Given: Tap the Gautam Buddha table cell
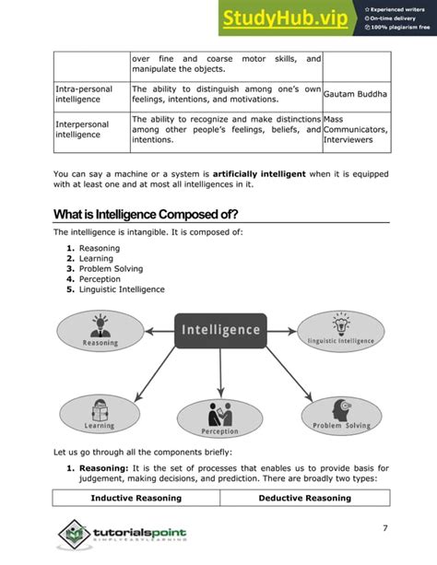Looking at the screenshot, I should pos(356,95).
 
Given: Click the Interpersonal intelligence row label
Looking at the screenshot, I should pos(82,129).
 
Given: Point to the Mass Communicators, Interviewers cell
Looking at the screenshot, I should pos(356,130).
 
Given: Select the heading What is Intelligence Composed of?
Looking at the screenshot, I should pos(146,215).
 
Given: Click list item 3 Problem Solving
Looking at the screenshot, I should pos(109,269).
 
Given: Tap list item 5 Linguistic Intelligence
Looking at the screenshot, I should pos(122,289).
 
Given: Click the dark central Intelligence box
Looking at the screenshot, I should pos(219,330).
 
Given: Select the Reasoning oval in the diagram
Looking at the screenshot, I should pos(100,331).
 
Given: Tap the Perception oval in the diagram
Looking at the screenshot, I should pos(219,418).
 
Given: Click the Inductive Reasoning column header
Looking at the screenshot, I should pos(136,499).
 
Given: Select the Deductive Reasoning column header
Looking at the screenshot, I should pos(304,499).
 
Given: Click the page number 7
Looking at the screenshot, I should pos(384,527).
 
